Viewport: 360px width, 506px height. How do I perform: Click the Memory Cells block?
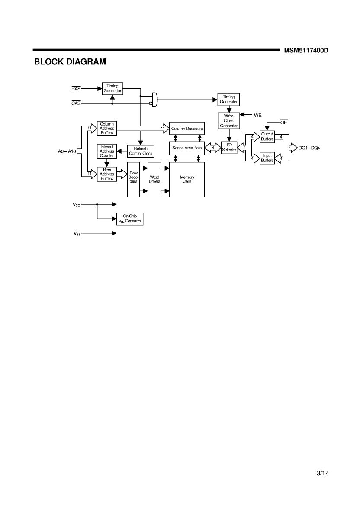(x=187, y=180)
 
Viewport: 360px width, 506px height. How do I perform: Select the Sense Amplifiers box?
(x=187, y=148)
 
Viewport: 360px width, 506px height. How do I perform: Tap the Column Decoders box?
(x=187, y=129)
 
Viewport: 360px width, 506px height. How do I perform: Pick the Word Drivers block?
(x=154, y=180)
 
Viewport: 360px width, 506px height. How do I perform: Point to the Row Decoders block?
(x=133, y=180)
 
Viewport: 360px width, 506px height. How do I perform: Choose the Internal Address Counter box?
(x=107, y=151)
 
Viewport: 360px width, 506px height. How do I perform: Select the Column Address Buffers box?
(x=107, y=129)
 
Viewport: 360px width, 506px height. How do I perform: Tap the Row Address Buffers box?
(x=107, y=174)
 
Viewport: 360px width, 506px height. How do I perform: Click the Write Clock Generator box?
(x=228, y=121)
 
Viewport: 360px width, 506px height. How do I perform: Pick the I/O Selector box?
(x=229, y=148)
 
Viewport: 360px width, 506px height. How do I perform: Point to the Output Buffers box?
(x=267, y=137)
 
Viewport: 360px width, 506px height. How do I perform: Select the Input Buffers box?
(x=267, y=158)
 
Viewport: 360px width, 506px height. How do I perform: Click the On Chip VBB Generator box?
(x=130, y=219)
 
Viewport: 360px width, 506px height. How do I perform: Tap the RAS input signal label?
(x=76, y=88)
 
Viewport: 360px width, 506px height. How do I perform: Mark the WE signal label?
(x=257, y=115)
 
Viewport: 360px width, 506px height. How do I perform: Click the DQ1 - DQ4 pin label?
(x=309, y=148)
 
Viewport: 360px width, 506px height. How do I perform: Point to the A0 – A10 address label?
(x=67, y=151)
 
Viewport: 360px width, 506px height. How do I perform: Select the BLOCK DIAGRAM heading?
(x=70, y=62)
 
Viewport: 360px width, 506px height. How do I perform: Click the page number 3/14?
(x=323, y=473)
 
